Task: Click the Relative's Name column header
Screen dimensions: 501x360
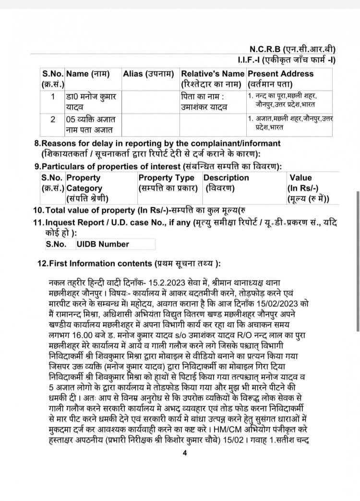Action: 212,74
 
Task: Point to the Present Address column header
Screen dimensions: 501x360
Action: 280,74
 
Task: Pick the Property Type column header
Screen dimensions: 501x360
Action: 166,178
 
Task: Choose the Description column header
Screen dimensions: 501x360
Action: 227,178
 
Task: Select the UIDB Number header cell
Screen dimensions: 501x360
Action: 103,244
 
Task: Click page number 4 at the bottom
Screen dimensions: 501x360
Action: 184,452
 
